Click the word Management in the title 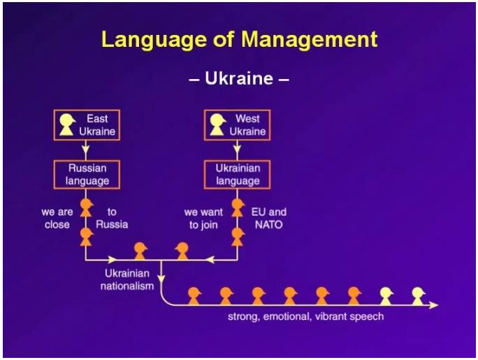pos(310,40)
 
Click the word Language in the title pos(154,41)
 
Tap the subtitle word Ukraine pos(239,78)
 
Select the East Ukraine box pos(87,125)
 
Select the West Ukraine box pos(237,125)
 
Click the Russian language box pos(87,175)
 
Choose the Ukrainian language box pos(237,175)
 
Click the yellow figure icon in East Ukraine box pos(67,124)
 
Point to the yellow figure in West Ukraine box pos(217,124)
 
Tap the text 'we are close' pos(57,218)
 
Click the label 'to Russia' pos(112,218)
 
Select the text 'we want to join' pos(203,219)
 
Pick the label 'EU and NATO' pos(268,218)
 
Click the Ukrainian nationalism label pos(127,280)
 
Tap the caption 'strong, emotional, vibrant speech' pos(306,317)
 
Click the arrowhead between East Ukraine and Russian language pos(86,150)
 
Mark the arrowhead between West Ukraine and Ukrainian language pos(237,150)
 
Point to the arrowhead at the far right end pos(434,305)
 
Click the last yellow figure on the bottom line pos(418,296)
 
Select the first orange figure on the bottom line pos(194,296)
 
